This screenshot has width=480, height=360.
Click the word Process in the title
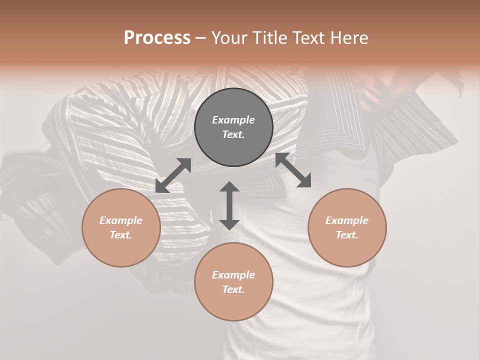(157, 38)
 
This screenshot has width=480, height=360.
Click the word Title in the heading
(269, 38)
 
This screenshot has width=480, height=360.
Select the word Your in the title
(229, 38)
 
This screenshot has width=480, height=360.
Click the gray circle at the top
(233, 127)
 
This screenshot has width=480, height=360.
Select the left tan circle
(121, 227)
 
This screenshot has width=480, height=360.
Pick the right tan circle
(347, 227)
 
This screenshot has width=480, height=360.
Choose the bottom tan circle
(233, 282)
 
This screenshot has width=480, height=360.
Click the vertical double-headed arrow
(229, 205)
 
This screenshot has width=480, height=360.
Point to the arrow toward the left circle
(173, 175)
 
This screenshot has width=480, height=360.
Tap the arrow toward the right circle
(293, 170)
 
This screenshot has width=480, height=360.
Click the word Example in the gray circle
(233, 120)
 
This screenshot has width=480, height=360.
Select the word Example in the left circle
(121, 220)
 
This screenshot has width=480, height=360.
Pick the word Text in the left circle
(121, 235)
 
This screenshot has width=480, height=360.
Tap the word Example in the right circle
(347, 220)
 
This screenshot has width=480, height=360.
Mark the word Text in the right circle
(347, 235)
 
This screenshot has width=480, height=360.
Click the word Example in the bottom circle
(233, 275)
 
